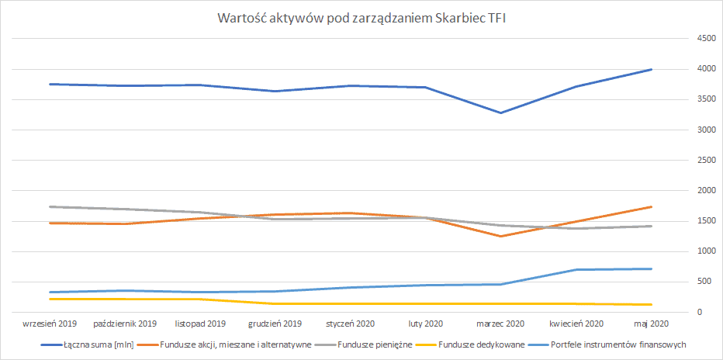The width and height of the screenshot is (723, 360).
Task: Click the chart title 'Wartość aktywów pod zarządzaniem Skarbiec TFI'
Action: (x=361, y=19)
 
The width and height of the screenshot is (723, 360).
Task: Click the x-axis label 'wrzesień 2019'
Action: (x=50, y=323)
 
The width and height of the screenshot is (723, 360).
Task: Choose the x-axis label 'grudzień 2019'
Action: (x=275, y=323)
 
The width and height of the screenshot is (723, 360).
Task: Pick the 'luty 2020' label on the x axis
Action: (x=426, y=323)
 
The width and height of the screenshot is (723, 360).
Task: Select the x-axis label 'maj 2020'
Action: (x=651, y=323)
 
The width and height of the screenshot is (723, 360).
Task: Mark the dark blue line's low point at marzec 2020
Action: (x=501, y=112)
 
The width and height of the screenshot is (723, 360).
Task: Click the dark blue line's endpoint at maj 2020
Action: (x=651, y=70)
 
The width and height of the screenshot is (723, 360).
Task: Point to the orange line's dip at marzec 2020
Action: (x=501, y=237)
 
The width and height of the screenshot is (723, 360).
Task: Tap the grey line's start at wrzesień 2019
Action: (x=50, y=206)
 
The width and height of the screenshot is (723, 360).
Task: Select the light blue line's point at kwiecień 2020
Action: (x=576, y=270)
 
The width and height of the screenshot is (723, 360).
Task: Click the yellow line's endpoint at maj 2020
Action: (x=651, y=304)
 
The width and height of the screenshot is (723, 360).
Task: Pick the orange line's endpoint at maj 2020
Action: (x=651, y=207)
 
